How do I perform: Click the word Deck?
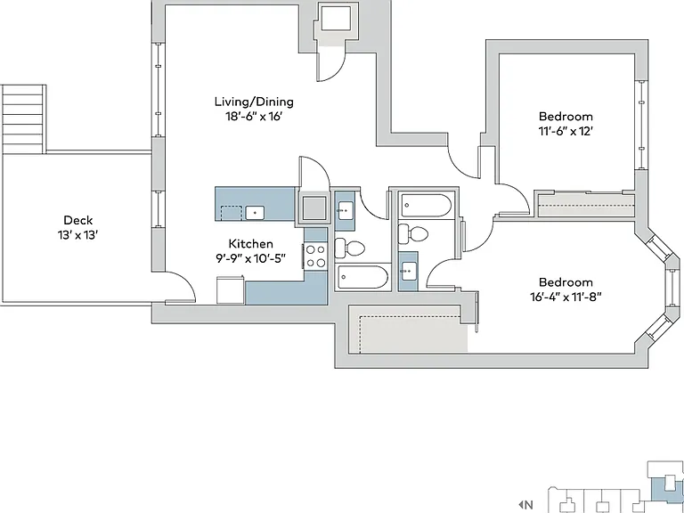click(x=78, y=220)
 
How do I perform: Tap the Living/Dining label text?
click(x=254, y=102)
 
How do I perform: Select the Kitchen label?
click(x=251, y=243)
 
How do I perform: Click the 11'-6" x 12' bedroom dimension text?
click(x=566, y=131)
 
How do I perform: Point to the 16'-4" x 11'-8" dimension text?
click(x=566, y=297)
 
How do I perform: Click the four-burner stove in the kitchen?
click(x=316, y=256)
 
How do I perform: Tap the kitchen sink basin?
click(x=255, y=213)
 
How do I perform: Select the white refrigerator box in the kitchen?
click(x=231, y=289)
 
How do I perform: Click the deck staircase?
click(x=24, y=119)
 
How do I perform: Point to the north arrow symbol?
click(x=521, y=505)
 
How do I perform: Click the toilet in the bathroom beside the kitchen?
click(x=349, y=248)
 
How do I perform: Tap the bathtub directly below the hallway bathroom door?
click(x=363, y=278)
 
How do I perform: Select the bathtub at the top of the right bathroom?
click(x=427, y=206)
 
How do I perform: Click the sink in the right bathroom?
click(x=409, y=272)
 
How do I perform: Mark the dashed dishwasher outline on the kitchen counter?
click(x=232, y=214)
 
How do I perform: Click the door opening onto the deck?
click(x=180, y=287)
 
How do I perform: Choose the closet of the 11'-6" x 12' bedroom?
click(x=586, y=205)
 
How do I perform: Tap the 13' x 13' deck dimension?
click(x=78, y=235)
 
